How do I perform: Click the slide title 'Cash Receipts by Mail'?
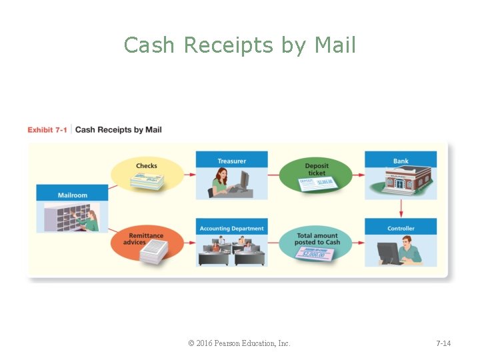(x=240, y=45)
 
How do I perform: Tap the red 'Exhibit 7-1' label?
(x=47, y=130)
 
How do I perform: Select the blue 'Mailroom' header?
(x=73, y=195)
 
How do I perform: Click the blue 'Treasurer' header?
(x=231, y=161)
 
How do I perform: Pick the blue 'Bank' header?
(x=401, y=161)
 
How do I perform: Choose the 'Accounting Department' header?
(x=231, y=229)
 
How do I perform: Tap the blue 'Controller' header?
(x=401, y=229)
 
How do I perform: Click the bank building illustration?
(x=401, y=181)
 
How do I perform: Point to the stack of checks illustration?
(x=146, y=181)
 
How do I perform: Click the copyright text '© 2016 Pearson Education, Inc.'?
(x=239, y=343)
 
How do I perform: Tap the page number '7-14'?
(x=443, y=343)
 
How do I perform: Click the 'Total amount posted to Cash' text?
(x=317, y=239)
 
